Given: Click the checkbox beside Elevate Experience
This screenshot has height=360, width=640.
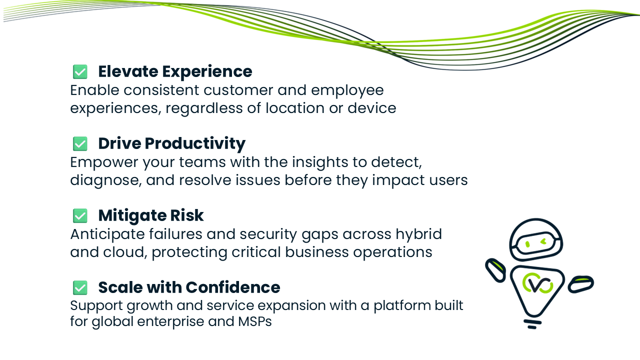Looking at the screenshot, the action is pyautogui.click(x=80, y=71).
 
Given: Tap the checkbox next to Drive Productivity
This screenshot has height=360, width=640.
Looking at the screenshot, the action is pyautogui.click(x=80, y=143).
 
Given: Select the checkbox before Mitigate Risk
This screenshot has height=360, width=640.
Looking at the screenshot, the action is pyautogui.click(x=80, y=215).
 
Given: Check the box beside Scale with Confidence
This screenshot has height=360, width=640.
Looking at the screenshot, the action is pyautogui.click(x=80, y=287).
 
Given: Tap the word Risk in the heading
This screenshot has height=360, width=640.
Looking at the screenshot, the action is pyautogui.click(x=187, y=215).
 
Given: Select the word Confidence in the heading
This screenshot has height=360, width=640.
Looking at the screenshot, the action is pyautogui.click(x=233, y=287).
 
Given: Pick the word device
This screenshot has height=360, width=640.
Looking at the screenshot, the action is pyautogui.click(x=371, y=108).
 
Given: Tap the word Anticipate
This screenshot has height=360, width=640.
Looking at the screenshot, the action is pyautogui.click(x=107, y=235).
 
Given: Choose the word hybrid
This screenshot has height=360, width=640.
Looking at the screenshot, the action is pyautogui.click(x=418, y=235).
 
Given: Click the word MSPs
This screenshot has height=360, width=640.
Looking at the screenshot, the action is pyautogui.click(x=255, y=321).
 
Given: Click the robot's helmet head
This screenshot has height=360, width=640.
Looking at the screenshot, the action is pyautogui.click(x=536, y=240).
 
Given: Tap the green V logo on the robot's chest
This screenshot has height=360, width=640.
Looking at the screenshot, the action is pyautogui.click(x=537, y=283).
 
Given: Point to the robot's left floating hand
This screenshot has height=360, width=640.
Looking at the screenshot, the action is pyautogui.click(x=495, y=270).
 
